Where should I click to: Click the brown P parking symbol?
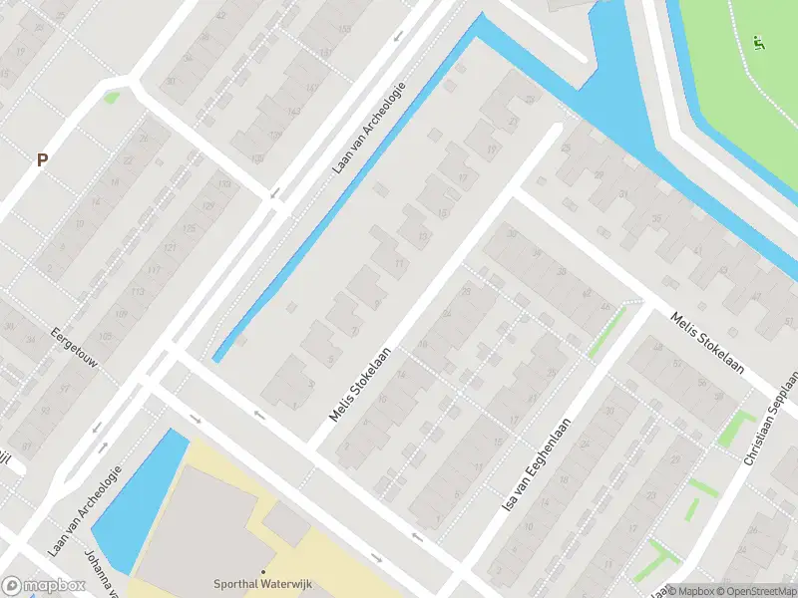pos(42,159)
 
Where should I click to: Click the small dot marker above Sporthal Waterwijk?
pos(262,572)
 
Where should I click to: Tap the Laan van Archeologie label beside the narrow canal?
pos(368,128)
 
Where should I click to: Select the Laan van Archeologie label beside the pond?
pos(85,509)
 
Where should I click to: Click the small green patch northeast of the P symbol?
pos(111,98)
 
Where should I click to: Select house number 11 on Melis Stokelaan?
pos(399,263)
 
